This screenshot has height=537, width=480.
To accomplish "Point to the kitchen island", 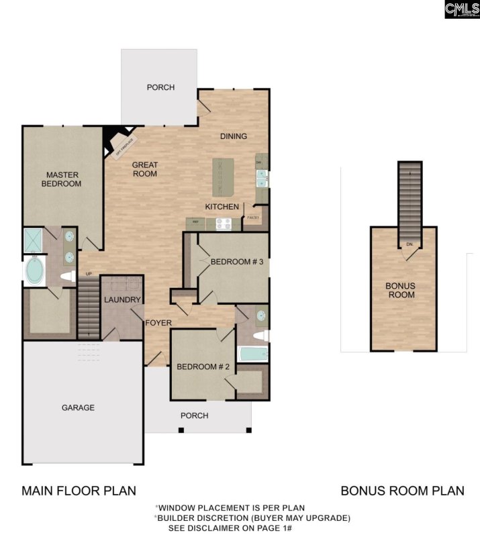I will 223,177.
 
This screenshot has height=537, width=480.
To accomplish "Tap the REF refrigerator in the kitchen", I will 196,222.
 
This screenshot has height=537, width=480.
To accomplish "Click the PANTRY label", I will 253,217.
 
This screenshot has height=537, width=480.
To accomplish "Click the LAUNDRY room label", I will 123,300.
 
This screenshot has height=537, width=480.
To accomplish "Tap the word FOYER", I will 158,323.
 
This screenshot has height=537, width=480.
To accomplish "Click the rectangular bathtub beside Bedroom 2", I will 252,354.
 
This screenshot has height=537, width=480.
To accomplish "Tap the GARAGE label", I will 78,407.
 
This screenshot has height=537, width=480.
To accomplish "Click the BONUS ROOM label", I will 400,290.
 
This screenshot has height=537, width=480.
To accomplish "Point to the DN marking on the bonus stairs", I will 409,244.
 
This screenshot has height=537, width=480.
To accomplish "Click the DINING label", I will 234,136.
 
